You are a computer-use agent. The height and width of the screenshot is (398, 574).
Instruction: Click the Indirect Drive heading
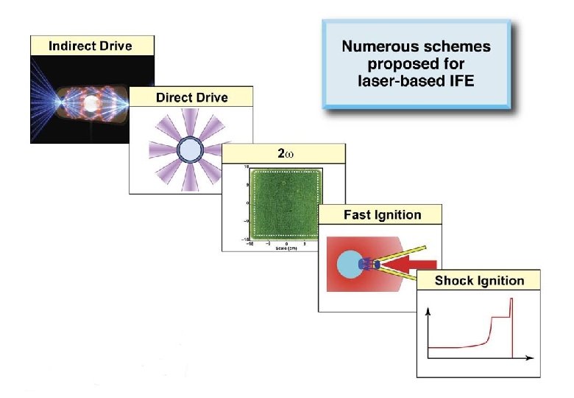click(91, 46)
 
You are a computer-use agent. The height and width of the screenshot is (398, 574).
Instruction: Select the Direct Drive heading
click(191, 97)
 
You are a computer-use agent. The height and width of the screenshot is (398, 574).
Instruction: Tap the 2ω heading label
click(285, 153)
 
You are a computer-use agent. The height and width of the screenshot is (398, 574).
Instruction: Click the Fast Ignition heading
click(383, 215)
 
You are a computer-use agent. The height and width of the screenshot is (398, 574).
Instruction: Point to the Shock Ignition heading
click(479, 280)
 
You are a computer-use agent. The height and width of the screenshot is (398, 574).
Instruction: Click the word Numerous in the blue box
click(374, 46)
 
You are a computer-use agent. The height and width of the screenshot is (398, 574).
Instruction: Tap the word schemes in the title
click(456, 46)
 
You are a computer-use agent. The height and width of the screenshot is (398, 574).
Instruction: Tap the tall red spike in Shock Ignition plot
click(510, 324)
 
